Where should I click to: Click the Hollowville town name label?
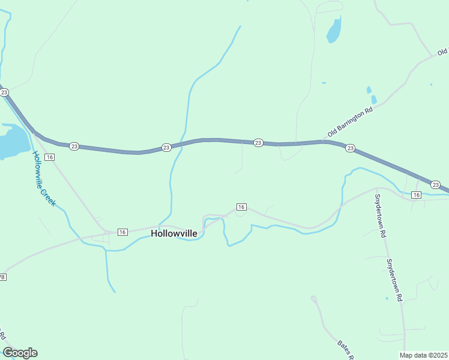pyautogui.click(x=174, y=233)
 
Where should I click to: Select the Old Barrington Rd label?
pyautogui.click(x=351, y=122)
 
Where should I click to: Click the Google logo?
pyautogui.click(x=20, y=353)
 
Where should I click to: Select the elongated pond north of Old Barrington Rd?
pyautogui.click(x=334, y=29)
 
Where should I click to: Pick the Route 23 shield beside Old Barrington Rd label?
pyautogui.click(x=351, y=148)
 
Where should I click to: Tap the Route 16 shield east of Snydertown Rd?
pyautogui.click(x=417, y=195)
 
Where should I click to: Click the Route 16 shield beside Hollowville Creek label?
pyautogui.click(x=50, y=157)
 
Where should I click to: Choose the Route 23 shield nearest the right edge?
pyautogui.click(x=436, y=184)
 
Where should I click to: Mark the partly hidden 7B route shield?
pyautogui.click(x=2, y=277)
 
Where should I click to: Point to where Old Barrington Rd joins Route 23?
pyautogui.click(x=324, y=142)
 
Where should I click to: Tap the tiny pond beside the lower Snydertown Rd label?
pyautogui.click(x=387, y=298)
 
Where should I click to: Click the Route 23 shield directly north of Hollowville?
pyautogui.click(x=166, y=147)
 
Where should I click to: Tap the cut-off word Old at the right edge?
pyautogui.click(x=443, y=49)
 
